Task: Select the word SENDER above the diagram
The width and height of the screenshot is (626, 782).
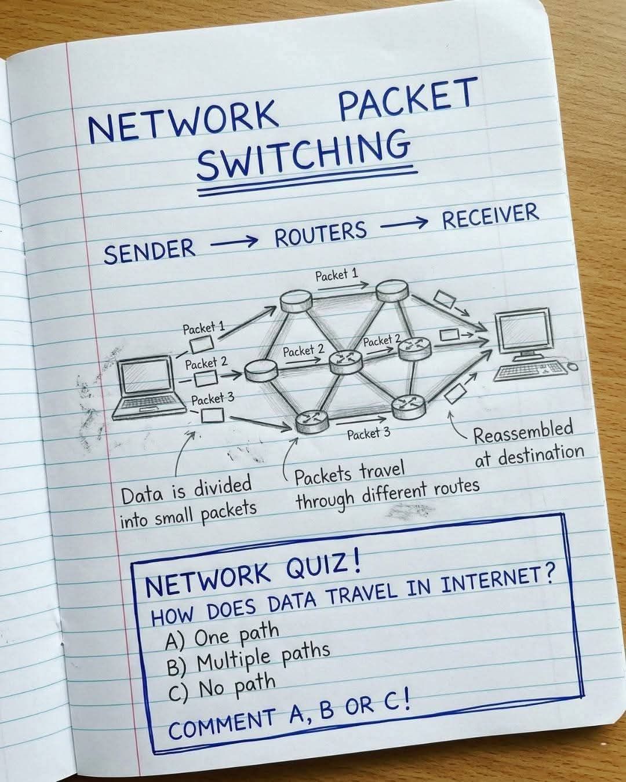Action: pyautogui.click(x=149, y=250)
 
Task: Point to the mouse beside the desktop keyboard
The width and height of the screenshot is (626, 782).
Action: pyautogui.click(x=572, y=367)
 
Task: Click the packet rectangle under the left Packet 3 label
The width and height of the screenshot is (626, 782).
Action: pyautogui.click(x=212, y=415)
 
